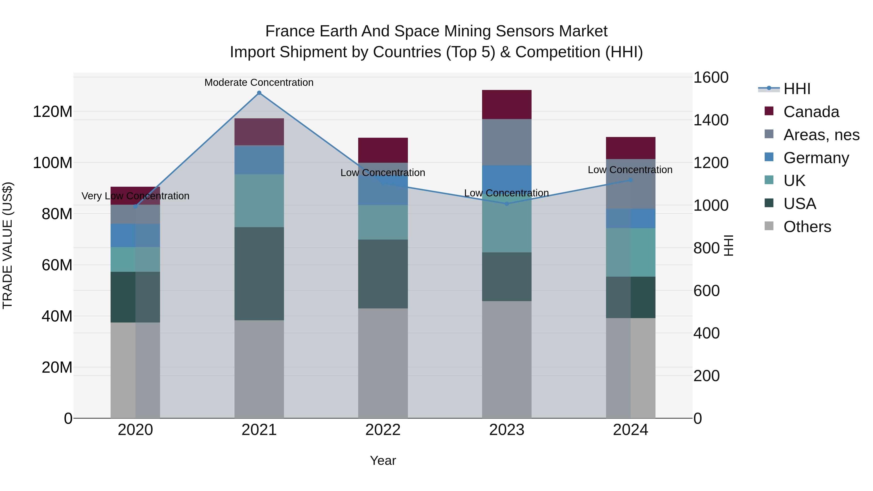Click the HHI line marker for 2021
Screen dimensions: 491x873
pos(259,93)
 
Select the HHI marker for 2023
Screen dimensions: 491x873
pos(507,204)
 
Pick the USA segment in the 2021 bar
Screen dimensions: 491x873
pos(259,274)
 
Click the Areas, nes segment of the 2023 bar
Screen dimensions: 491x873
pos(507,142)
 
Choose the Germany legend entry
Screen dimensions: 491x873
pos(816,158)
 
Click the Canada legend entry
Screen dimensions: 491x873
pos(811,112)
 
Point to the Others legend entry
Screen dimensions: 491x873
pos(807,227)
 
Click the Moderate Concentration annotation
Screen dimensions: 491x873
pos(259,82)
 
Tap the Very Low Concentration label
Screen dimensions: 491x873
pos(135,196)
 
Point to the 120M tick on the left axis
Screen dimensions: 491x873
pos(53,112)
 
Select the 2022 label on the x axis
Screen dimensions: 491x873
pos(383,430)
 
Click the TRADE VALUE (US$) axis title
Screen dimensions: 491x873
pos(8,245)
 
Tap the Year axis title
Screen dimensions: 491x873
pos(383,460)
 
